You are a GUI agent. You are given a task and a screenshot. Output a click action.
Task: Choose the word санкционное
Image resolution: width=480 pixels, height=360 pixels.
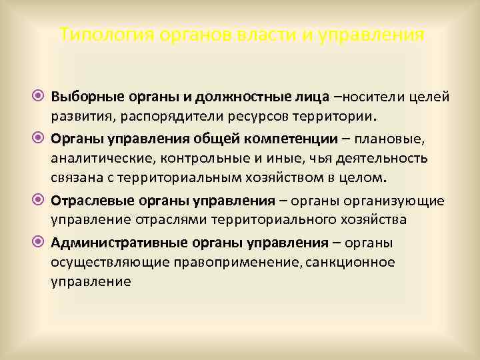tap(349, 263)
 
